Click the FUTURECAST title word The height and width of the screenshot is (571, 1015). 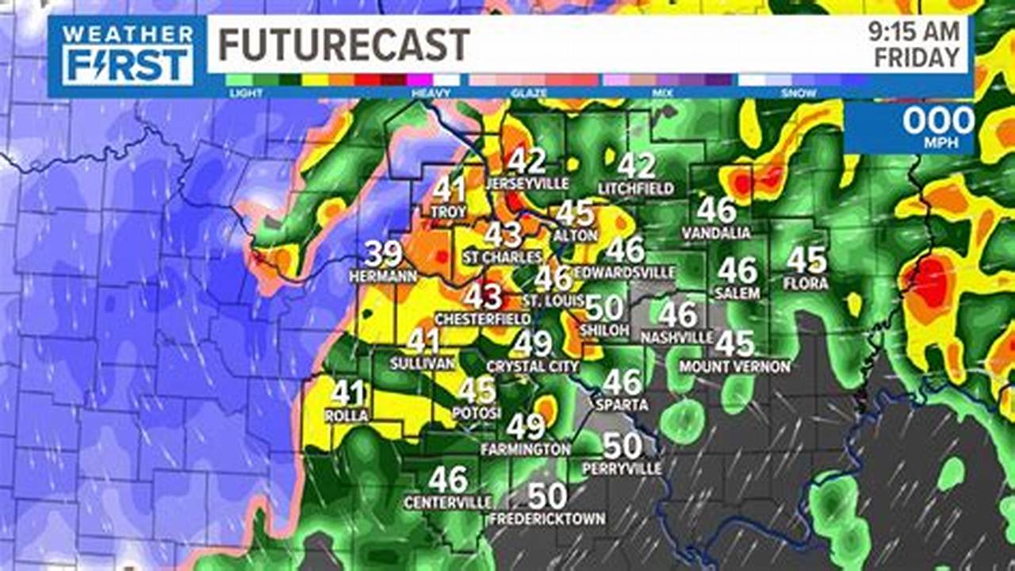click(x=344, y=44)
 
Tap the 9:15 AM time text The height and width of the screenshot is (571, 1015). click(x=913, y=33)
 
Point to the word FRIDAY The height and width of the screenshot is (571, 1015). click(x=917, y=58)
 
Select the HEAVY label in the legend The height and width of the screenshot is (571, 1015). click(x=431, y=93)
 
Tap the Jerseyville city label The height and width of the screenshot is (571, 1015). click(x=527, y=183)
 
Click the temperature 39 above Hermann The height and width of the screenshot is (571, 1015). click(x=384, y=254)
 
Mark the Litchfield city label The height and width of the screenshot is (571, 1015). click(x=636, y=189)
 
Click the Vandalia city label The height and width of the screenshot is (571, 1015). click(x=716, y=233)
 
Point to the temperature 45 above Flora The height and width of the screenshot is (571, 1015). click(x=806, y=260)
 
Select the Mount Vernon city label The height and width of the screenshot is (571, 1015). click(x=734, y=366)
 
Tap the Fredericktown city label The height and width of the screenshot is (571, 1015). click(x=547, y=519)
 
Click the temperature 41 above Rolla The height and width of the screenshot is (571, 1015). click(x=347, y=393)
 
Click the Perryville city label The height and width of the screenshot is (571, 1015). click(x=622, y=469)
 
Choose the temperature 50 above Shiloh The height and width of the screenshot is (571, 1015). click(x=604, y=307)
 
